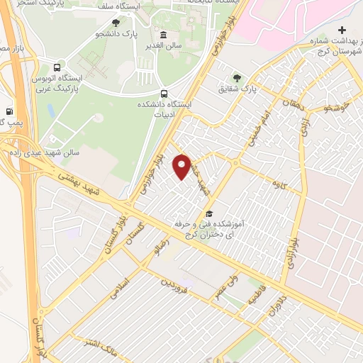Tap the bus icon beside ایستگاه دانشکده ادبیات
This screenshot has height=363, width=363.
pyautogui.click(x=165, y=94)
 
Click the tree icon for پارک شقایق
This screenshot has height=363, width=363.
pyautogui.click(x=235, y=79)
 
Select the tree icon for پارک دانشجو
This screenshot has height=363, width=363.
pyautogui.click(x=116, y=23)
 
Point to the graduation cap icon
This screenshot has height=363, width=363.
pyautogui.click(x=208, y=213)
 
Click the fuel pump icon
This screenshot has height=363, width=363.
pyautogui.click(x=9, y=111)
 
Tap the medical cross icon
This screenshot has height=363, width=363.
pyautogui.click(x=342, y=30)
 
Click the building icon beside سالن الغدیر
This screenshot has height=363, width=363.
pyautogui.click(x=164, y=35)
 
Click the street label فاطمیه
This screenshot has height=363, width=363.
pyautogui.click(x=253, y=298)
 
